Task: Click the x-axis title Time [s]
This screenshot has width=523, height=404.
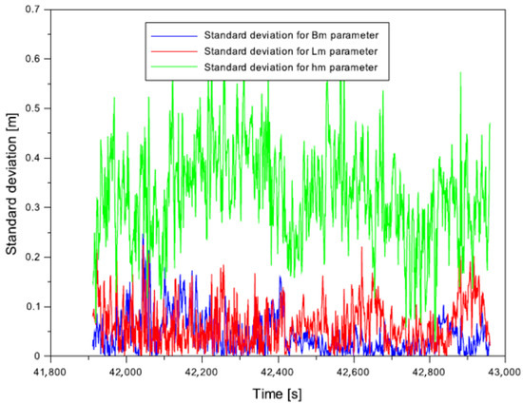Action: click(x=277, y=393)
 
